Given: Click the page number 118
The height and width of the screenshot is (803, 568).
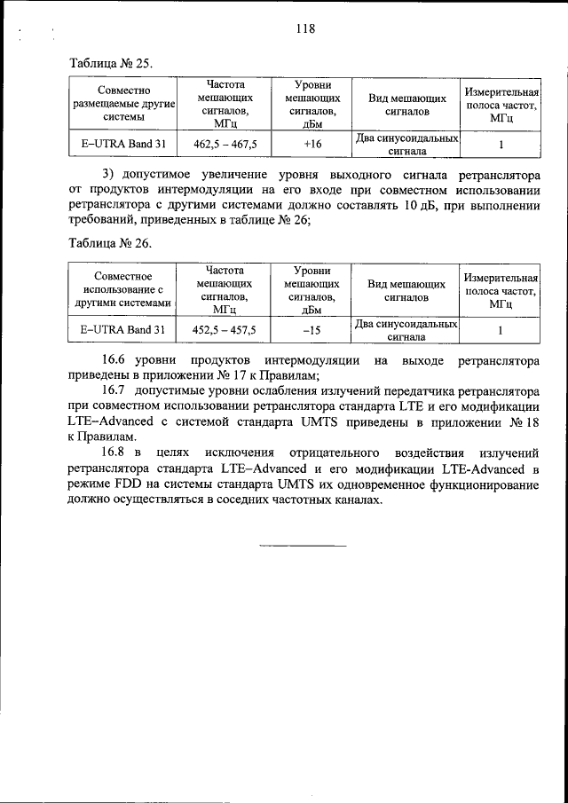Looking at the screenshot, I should (x=305, y=28).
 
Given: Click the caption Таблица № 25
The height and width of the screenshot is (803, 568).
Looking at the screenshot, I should (x=111, y=64).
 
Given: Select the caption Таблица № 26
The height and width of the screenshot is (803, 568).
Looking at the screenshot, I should (x=111, y=242).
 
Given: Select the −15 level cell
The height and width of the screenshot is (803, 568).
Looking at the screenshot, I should (x=312, y=330).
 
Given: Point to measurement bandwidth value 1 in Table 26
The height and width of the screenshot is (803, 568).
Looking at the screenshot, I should (x=501, y=330).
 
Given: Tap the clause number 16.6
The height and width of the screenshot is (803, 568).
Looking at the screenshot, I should (x=116, y=360).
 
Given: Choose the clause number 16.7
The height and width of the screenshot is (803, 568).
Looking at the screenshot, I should (x=116, y=390).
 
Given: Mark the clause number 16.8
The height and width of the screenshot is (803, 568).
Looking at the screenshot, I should (x=116, y=453).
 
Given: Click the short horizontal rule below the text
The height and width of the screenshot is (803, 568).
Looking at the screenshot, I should (x=302, y=545).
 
